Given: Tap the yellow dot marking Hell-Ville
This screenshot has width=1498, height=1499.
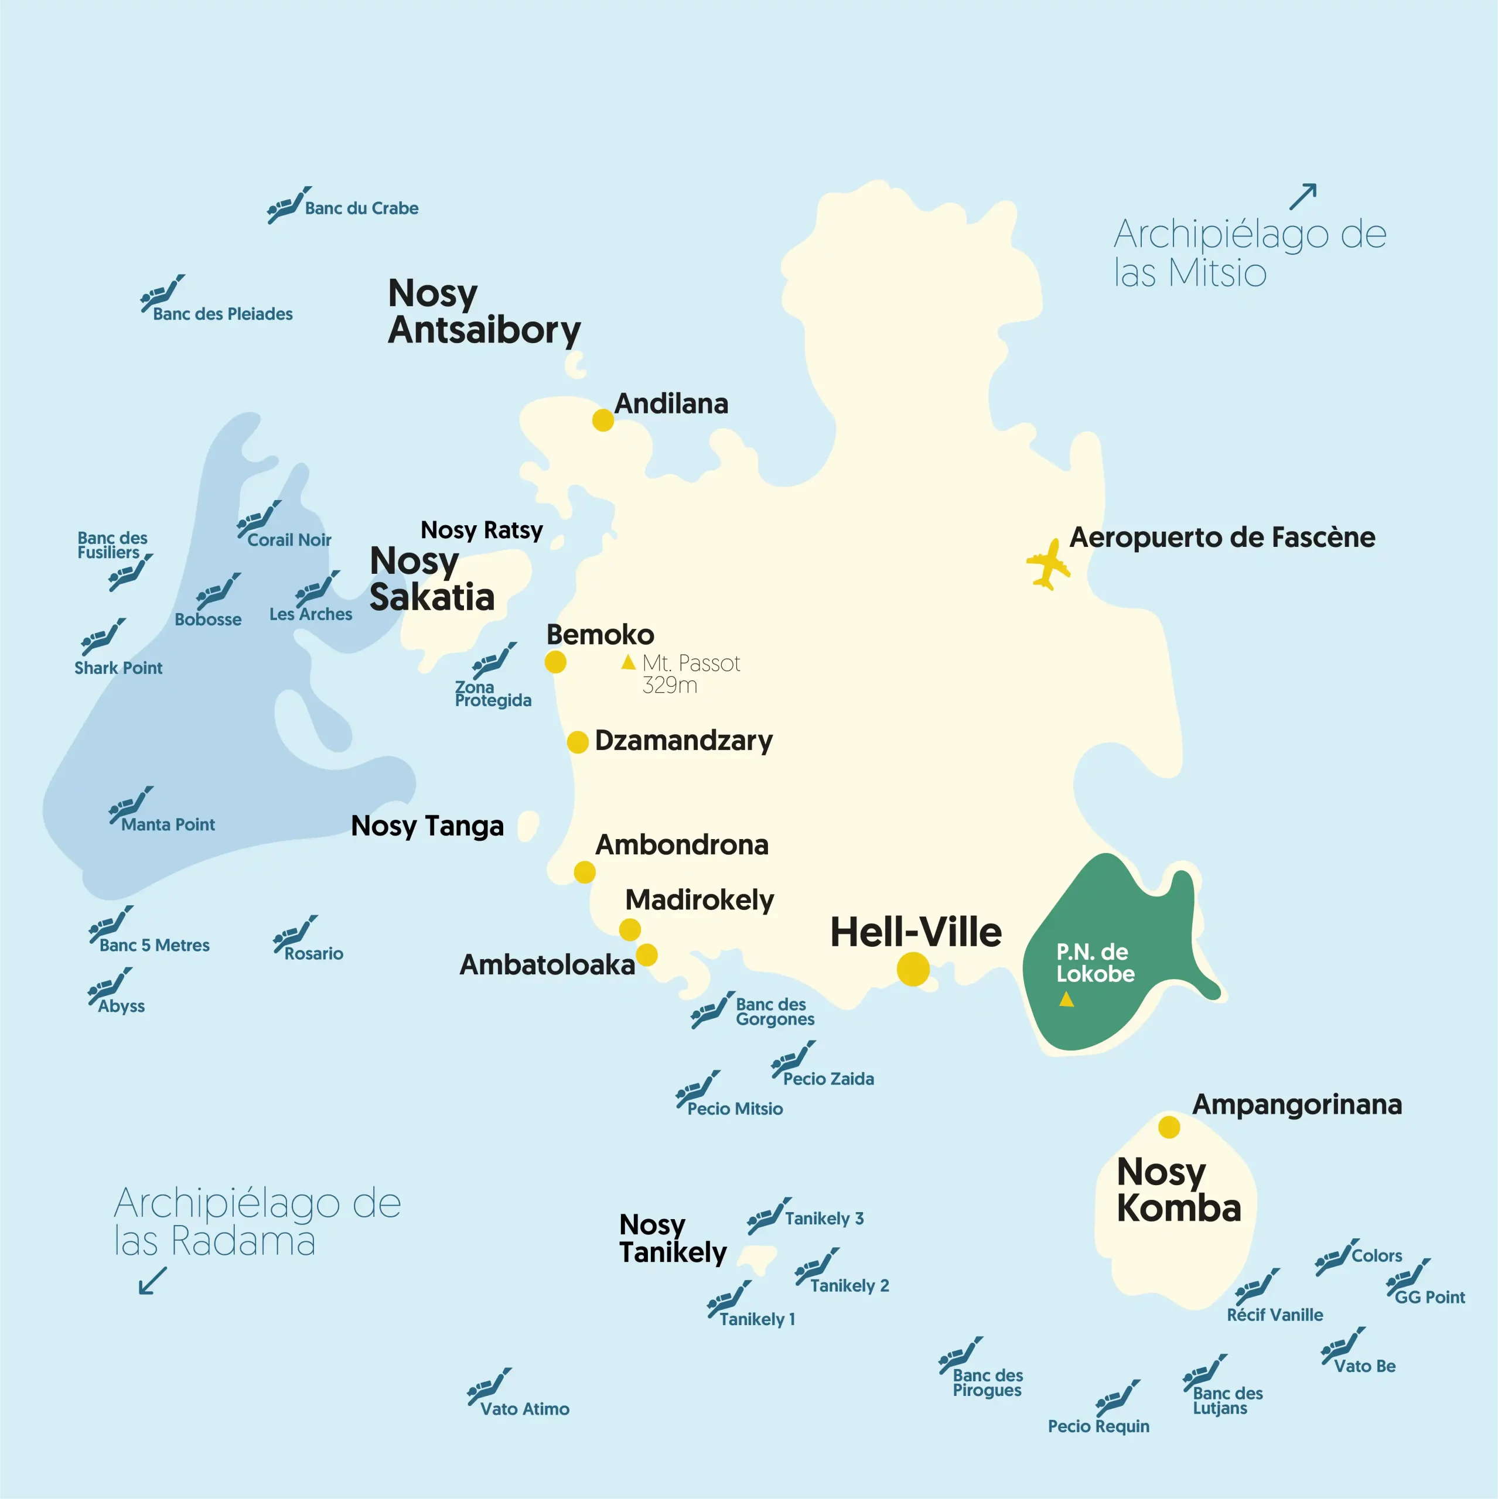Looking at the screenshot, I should [913, 970].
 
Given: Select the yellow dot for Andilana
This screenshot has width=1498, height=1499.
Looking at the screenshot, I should [603, 420].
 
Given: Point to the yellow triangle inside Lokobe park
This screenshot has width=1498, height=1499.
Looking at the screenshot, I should [1066, 1000].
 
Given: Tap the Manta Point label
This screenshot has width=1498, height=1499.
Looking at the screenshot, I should [168, 825].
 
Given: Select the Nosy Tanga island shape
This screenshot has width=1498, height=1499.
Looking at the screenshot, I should [528, 826].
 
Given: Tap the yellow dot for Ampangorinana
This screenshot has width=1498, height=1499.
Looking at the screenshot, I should [1169, 1127].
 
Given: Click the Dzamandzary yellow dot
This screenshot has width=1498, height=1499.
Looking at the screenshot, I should [578, 742].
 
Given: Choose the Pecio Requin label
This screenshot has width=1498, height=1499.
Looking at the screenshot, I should [1098, 1426].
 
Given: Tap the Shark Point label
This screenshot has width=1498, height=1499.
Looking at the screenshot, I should [118, 668].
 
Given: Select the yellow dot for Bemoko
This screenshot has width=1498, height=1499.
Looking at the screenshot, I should [555, 662].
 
